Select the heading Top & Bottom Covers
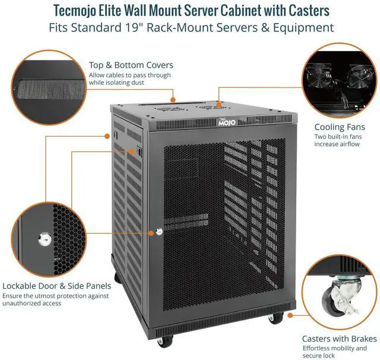(131, 65)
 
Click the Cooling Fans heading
(340, 127)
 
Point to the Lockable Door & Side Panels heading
(56, 286)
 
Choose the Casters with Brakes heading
(339, 338)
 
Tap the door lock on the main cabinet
(159, 232)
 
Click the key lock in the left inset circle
(43, 239)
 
